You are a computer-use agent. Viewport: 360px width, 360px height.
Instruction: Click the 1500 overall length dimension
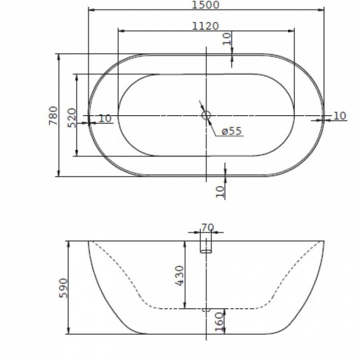point(205,5)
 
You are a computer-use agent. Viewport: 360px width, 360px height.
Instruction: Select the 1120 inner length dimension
point(205,26)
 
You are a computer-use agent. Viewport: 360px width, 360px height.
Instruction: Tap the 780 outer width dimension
point(53,116)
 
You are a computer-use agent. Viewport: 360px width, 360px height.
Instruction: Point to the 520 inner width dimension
point(71,118)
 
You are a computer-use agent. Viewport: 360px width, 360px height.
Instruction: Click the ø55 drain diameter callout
point(231,131)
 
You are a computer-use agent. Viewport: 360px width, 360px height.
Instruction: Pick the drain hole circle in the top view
point(206,115)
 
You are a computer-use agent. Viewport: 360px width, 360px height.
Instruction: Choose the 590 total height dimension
point(63,288)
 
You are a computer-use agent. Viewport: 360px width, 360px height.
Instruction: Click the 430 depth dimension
point(179,276)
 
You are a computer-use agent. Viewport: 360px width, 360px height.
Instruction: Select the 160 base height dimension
point(219,321)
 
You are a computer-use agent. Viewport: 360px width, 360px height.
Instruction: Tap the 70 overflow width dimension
point(208,228)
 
